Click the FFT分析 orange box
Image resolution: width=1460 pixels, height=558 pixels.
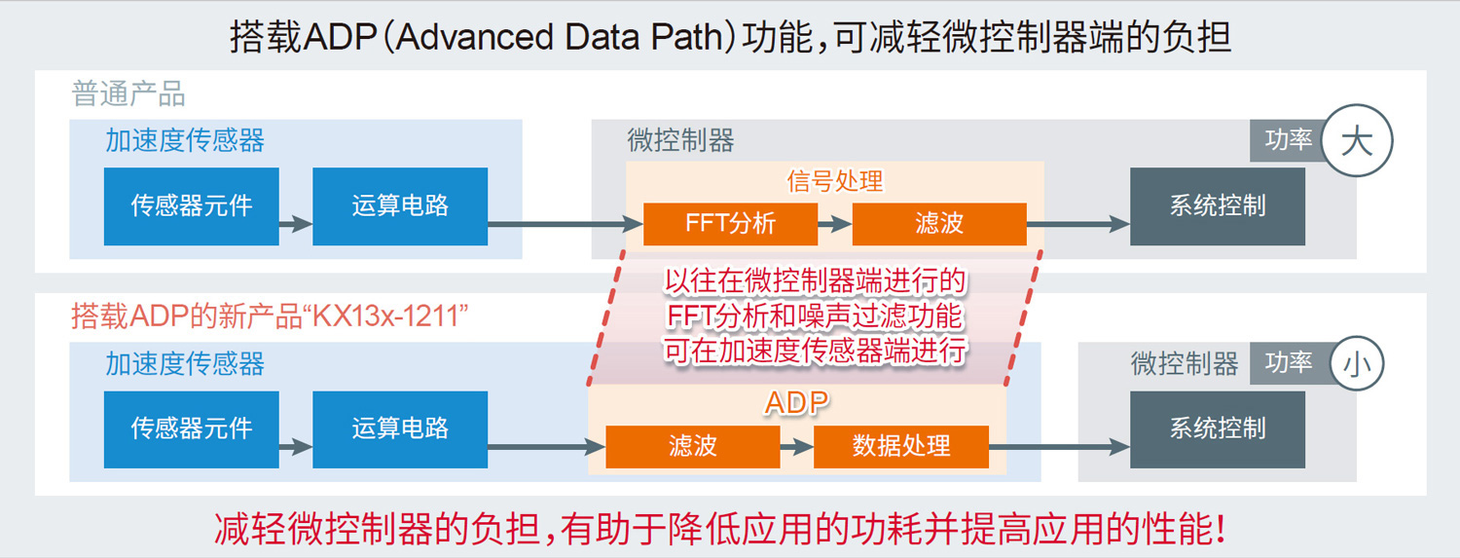point(731,224)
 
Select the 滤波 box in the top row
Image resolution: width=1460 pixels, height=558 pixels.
point(939,224)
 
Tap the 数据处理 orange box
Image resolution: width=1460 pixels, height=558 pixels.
point(901,447)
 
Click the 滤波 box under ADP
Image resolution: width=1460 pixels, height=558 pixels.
point(693,447)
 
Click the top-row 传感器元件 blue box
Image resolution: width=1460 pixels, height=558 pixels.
point(192,206)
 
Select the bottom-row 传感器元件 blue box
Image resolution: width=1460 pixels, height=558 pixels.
point(192,428)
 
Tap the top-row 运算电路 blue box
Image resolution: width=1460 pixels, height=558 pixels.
point(400,206)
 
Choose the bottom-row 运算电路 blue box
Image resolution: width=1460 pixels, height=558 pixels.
point(400,428)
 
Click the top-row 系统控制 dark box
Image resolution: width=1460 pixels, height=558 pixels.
point(1218,206)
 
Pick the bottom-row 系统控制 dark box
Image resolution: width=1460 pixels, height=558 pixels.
point(1218,428)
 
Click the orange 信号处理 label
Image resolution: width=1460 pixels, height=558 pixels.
point(835,181)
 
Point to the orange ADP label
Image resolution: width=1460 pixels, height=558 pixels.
point(796,402)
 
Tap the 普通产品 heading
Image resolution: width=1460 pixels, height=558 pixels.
point(128,93)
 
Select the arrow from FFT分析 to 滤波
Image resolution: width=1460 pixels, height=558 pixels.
point(835,224)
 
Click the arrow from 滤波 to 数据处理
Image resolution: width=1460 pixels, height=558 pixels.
point(797,447)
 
